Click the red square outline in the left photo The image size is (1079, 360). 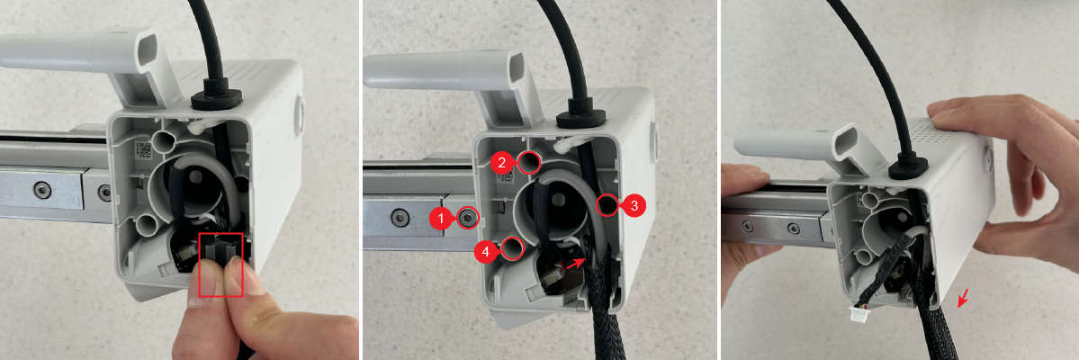tap(220, 265)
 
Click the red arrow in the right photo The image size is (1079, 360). tap(964, 298)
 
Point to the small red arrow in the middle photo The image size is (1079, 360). tap(574, 263)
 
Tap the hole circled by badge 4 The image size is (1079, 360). tap(512, 247)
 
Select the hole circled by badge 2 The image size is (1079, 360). tap(529, 162)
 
